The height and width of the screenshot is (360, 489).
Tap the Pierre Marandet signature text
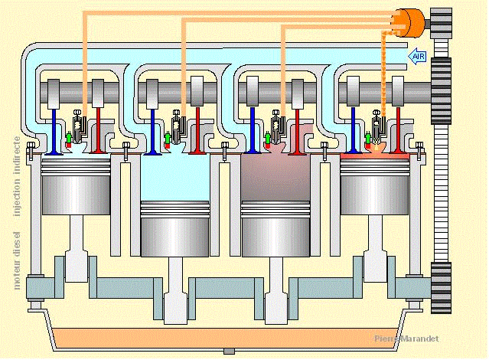tap(408, 339)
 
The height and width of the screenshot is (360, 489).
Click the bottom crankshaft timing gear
tap(442, 286)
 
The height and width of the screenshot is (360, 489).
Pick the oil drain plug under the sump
tap(227, 352)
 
